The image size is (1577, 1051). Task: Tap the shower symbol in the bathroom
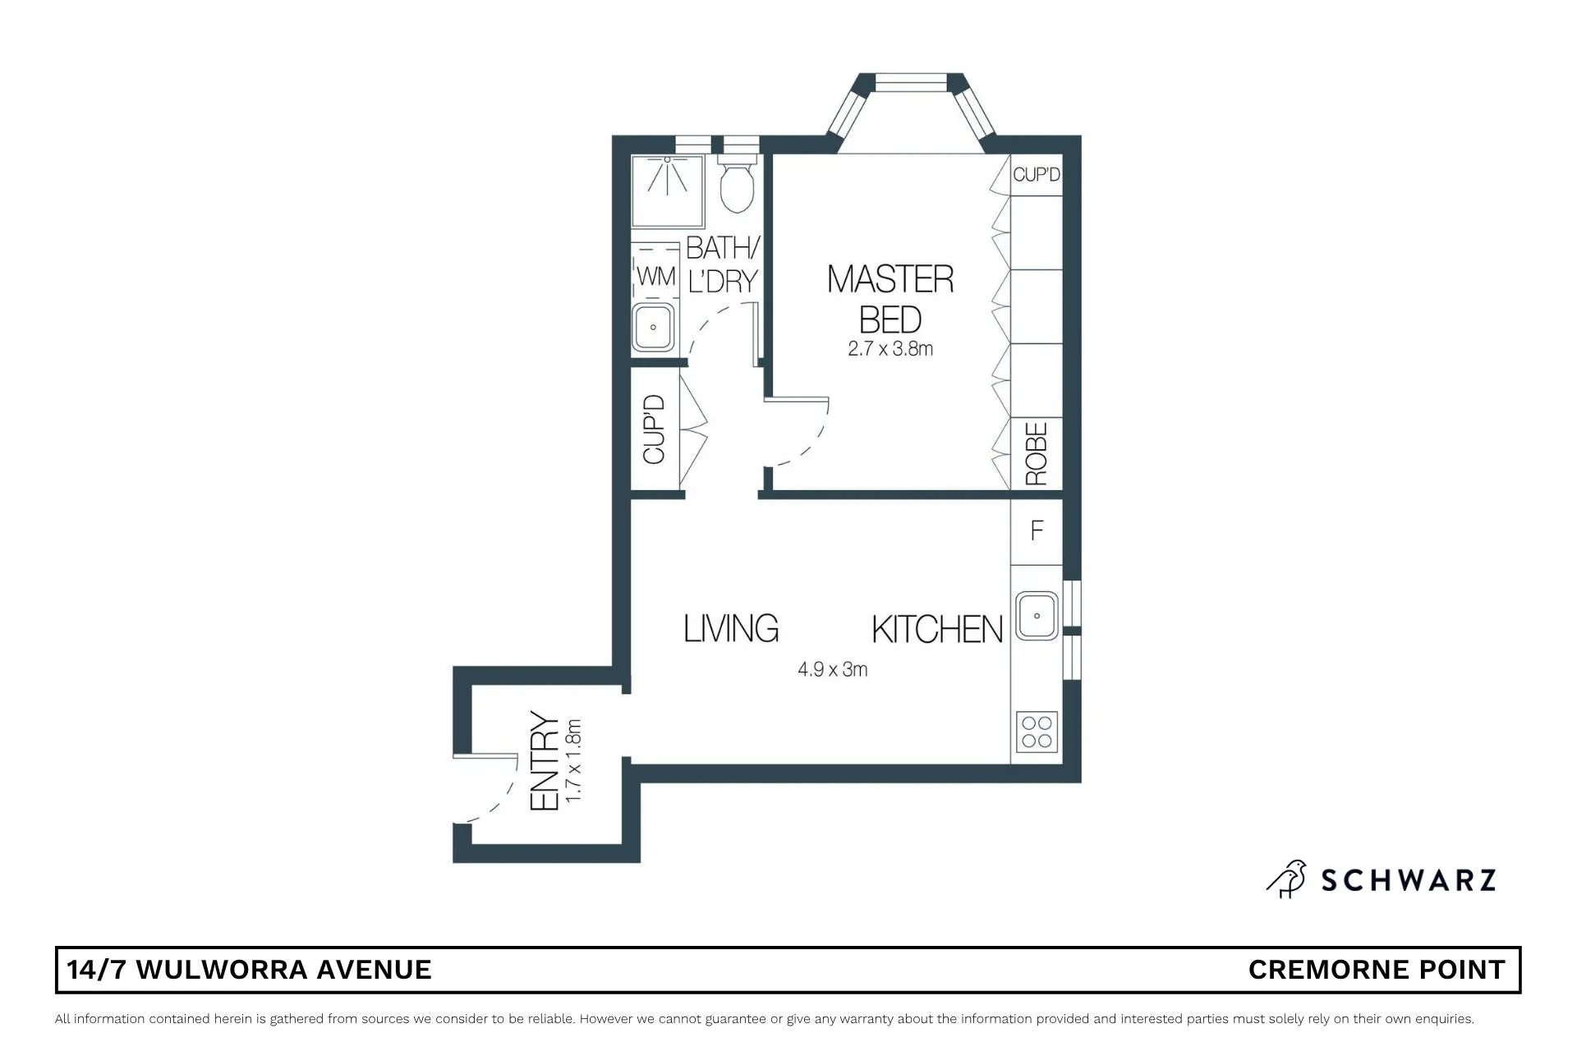pyautogui.click(x=668, y=190)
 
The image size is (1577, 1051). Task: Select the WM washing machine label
pyautogui.click(x=656, y=277)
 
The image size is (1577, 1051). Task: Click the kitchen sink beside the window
pyautogui.click(x=1037, y=615)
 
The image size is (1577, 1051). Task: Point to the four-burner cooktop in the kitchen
pyautogui.click(x=1037, y=732)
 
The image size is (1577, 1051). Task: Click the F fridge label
pyautogui.click(x=1037, y=530)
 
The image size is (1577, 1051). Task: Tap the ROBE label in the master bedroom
pyautogui.click(x=1037, y=453)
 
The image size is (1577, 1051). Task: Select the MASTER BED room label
pyautogui.click(x=890, y=299)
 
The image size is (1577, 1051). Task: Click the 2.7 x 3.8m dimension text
pyautogui.click(x=890, y=349)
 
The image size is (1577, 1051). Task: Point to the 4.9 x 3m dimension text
pyautogui.click(x=832, y=669)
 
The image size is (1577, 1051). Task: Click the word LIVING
pyautogui.click(x=731, y=628)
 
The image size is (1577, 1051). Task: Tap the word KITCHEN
pyautogui.click(x=937, y=629)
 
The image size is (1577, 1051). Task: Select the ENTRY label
pyautogui.click(x=545, y=761)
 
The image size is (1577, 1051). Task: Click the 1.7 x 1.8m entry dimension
pyautogui.click(x=574, y=761)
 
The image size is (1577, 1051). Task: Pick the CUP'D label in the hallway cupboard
pyautogui.click(x=654, y=429)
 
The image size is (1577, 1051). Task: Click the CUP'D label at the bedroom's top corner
pyautogui.click(x=1037, y=174)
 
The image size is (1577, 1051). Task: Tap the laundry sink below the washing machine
pyautogui.click(x=653, y=327)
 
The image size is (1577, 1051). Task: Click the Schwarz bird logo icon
pyautogui.click(x=1287, y=879)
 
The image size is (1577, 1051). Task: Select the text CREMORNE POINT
pyautogui.click(x=1377, y=970)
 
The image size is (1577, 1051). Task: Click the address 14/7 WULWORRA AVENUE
pyautogui.click(x=249, y=970)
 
